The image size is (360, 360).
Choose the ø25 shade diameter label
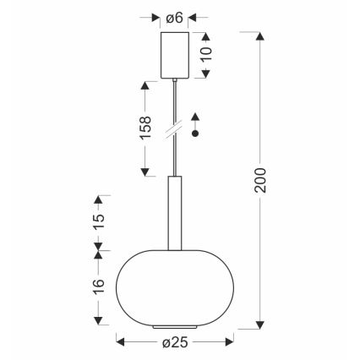click(176, 342)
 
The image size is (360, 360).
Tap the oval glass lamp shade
click(175, 285)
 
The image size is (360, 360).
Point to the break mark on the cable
click(176, 129)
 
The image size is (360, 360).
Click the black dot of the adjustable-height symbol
click(196, 134)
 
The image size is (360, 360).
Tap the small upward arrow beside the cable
click(196, 117)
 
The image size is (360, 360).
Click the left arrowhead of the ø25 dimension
click(119, 342)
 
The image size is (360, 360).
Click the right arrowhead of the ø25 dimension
click(231, 342)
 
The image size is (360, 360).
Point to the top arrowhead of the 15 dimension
click(98, 199)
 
